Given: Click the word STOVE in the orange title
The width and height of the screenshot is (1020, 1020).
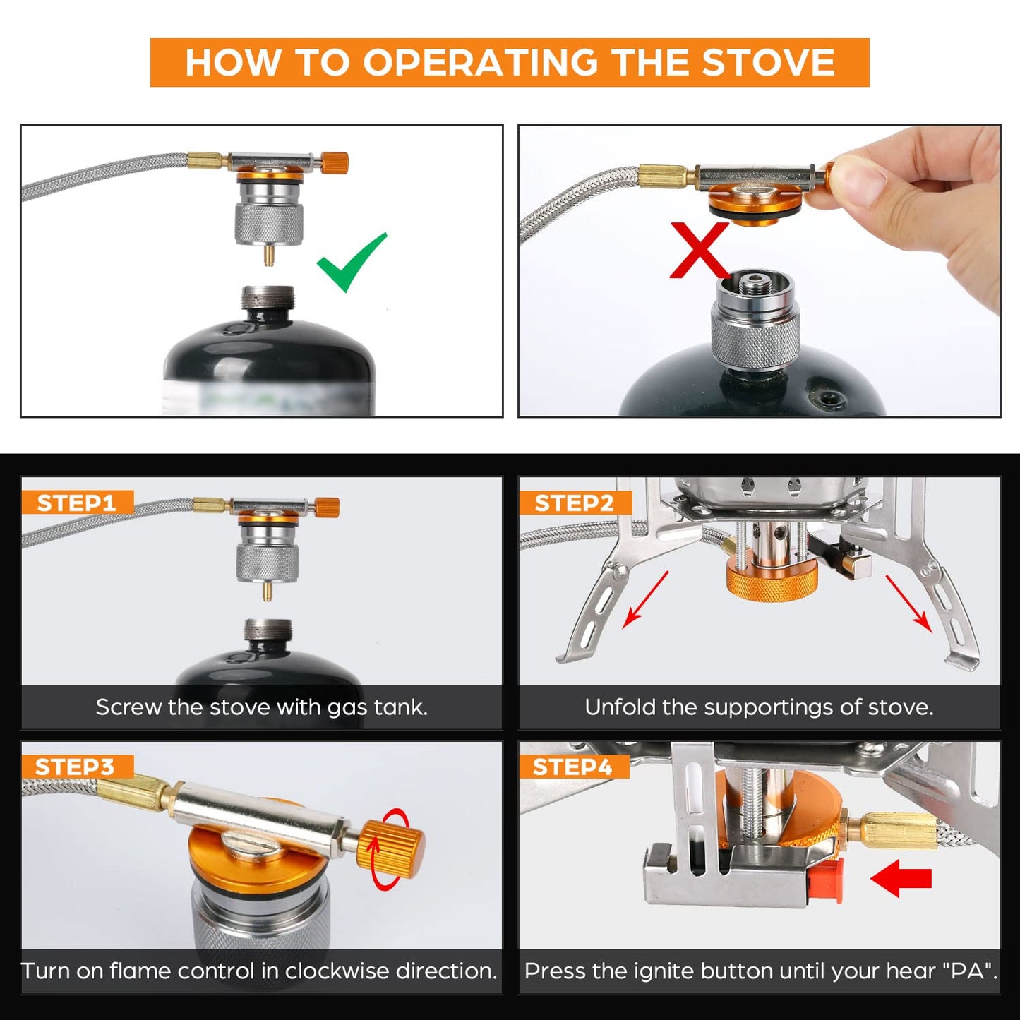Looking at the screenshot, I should pos(769,62).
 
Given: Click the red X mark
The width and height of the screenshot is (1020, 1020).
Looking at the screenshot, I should pos(699,250).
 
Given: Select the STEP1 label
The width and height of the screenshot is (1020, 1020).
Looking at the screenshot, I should pos(76,503).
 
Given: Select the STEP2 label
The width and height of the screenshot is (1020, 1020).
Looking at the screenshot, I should pos(574,503).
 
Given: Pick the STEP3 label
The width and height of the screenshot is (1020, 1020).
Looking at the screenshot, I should pos(75,767).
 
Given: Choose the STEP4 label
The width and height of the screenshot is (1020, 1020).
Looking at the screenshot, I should pos(572,767).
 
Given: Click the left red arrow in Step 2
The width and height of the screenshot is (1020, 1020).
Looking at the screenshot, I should pos(645,600).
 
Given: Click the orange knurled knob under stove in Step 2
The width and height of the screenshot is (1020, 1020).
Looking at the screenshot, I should pos(772,581).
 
